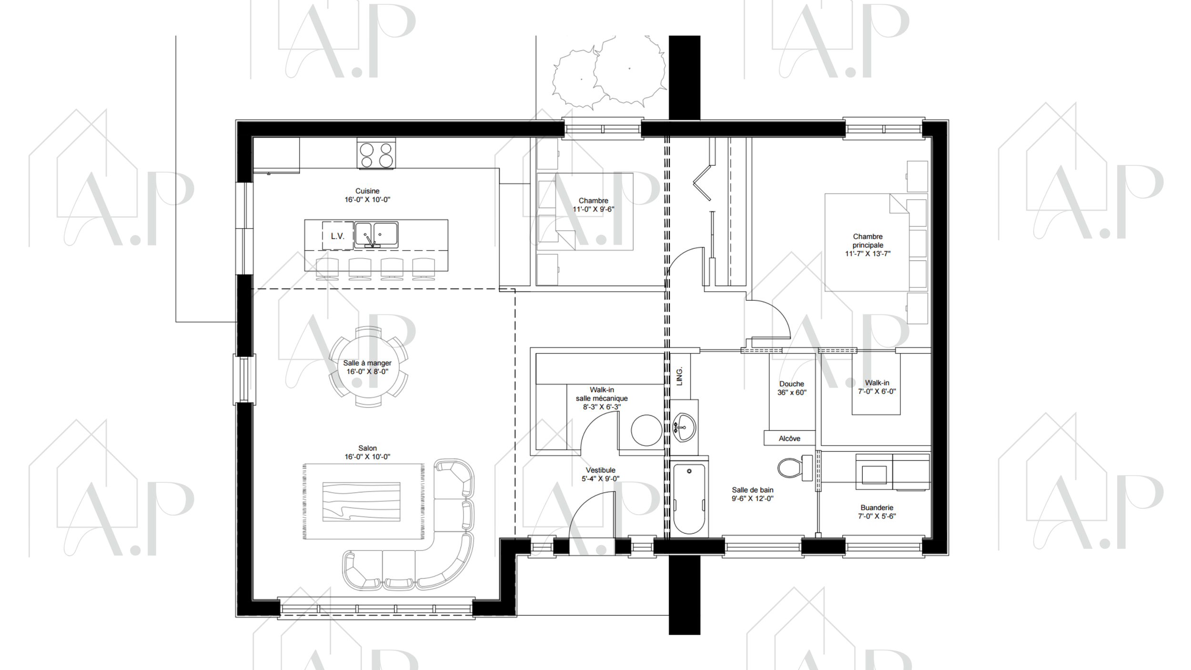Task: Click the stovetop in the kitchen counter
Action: click(376, 153)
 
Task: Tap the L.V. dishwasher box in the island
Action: click(338, 235)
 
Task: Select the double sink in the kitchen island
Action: click(376, 234)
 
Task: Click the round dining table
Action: click(368, 366)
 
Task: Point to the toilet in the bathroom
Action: click(795, 467)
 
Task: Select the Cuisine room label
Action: click(367, 195)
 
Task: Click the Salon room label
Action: click(367, 452)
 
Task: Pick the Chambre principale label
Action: click(868, 245)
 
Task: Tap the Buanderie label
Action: click(877, 512)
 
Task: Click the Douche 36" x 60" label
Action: click(792, 388)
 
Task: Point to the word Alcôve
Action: click(789, 438)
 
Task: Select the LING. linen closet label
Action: click(680, 376)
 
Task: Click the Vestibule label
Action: click(600, 474)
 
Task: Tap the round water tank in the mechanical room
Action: click(646, 430)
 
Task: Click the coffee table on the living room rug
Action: click(361, 501)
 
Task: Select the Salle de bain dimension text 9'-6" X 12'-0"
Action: click(753, 498)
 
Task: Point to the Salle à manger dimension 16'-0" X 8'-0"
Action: click(367, 372)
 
